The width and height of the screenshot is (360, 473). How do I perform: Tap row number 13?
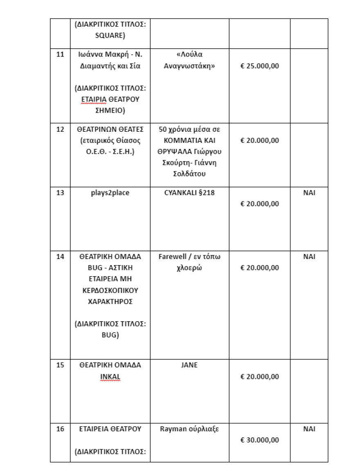[60, 193]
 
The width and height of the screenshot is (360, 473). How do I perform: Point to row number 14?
[60, 257]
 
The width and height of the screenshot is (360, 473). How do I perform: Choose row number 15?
[60, 365]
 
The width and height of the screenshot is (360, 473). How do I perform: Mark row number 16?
[60, 429]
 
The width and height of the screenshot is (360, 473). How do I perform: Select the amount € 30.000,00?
[259, 440]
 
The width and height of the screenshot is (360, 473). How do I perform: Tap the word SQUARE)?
[110, 35]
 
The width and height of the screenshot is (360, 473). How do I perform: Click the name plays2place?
[110, 193]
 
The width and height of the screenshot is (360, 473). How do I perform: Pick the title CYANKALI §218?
[189, 193]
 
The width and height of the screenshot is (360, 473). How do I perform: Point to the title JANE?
[189, 365]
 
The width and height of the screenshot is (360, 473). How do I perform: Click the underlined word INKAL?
[110, 376]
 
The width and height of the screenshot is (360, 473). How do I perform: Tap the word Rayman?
[175, 429]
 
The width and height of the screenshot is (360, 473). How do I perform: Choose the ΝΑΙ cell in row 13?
[309, 193]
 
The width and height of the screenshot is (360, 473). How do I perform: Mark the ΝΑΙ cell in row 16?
[309, 429]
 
